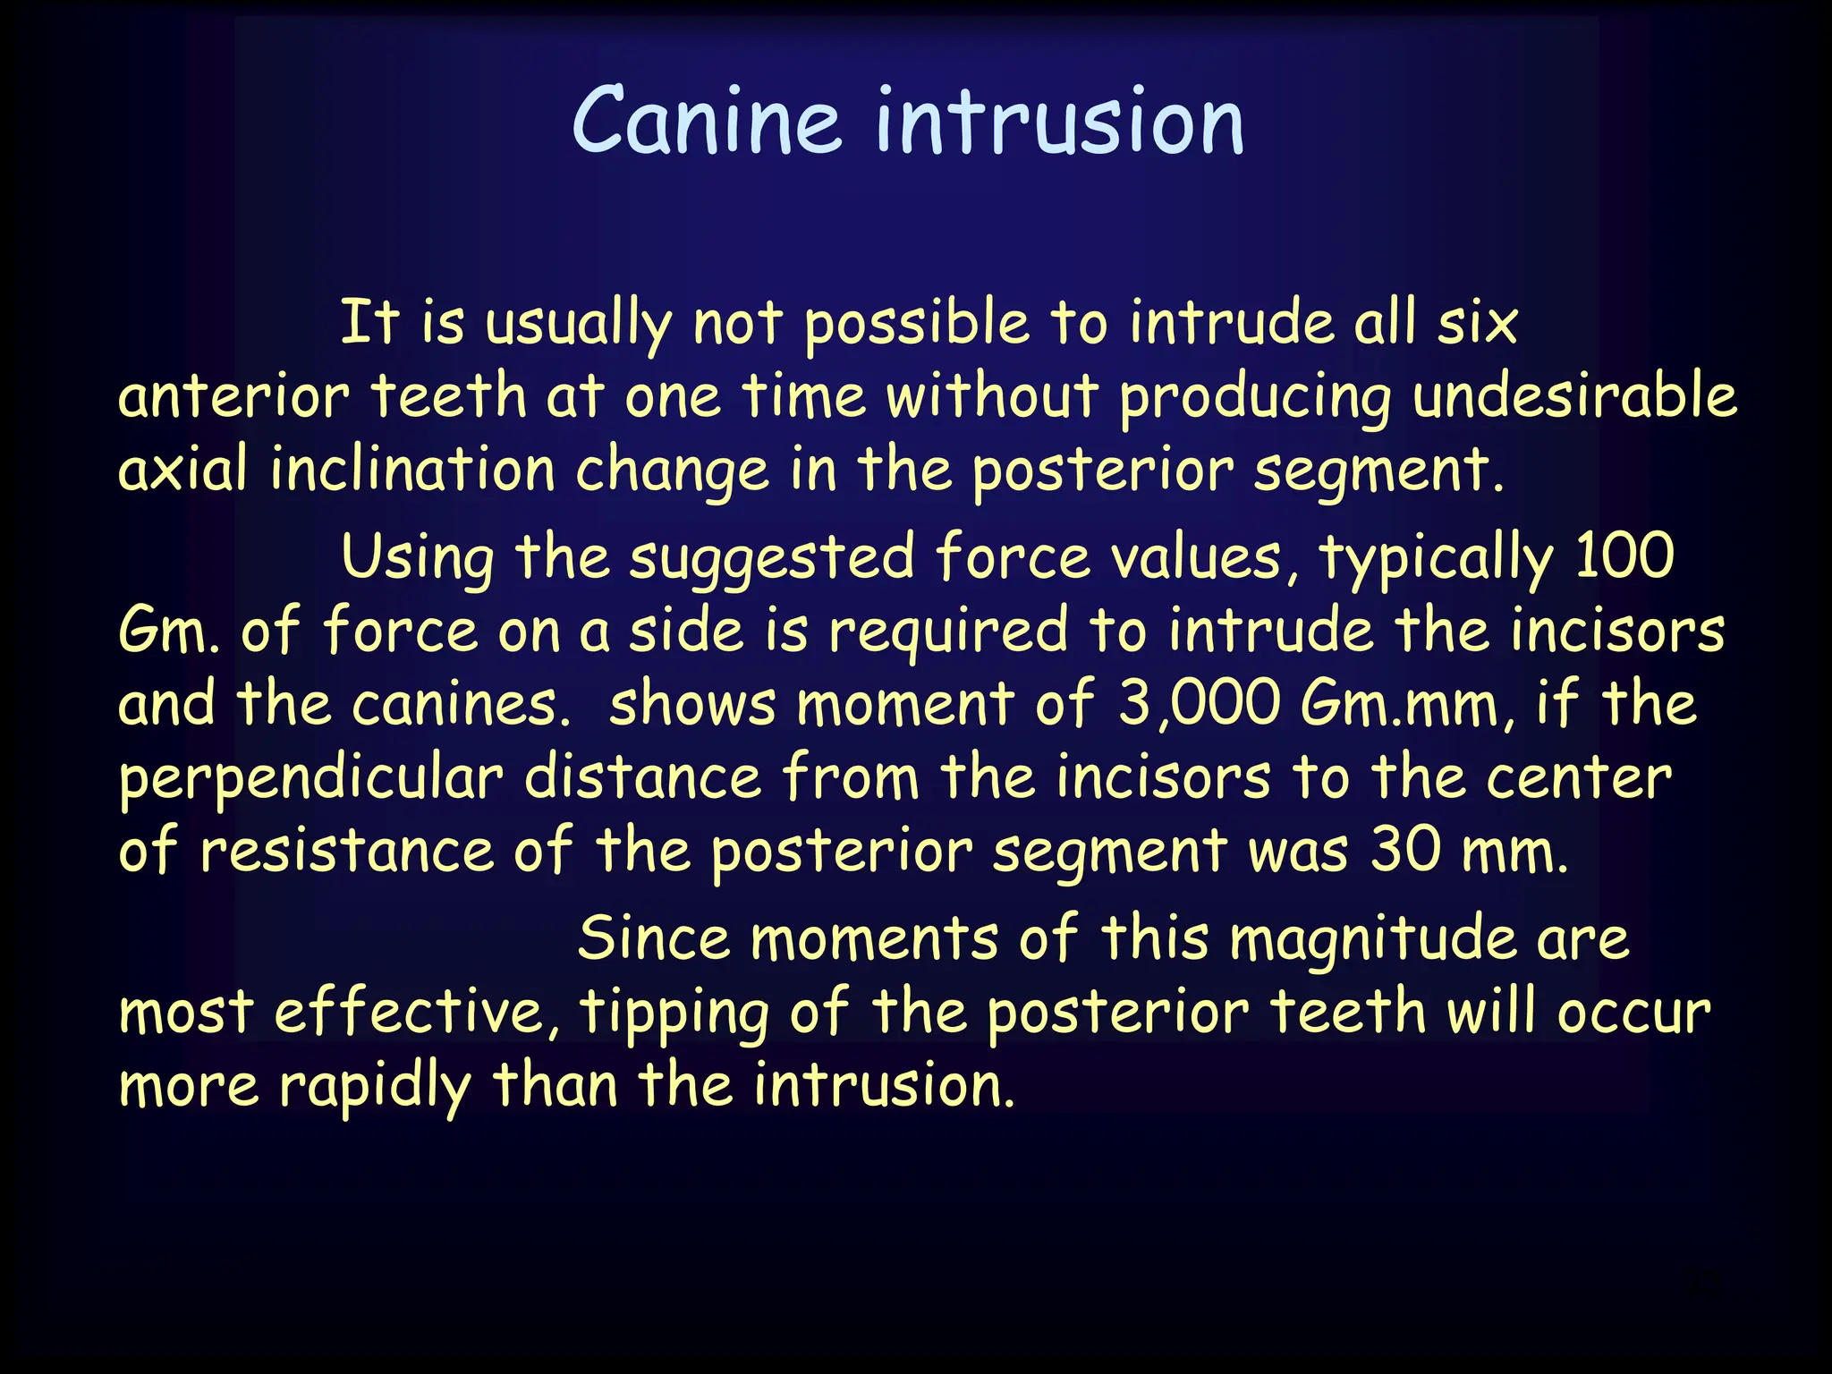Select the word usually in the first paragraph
coord(578,324)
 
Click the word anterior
coord(233,396)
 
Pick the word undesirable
coord(1575,396)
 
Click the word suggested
coord(772,558)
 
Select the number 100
coord(1624,556)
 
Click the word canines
coord(461,705)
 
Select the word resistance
coord(346,851)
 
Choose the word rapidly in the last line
coord(375,1087)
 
